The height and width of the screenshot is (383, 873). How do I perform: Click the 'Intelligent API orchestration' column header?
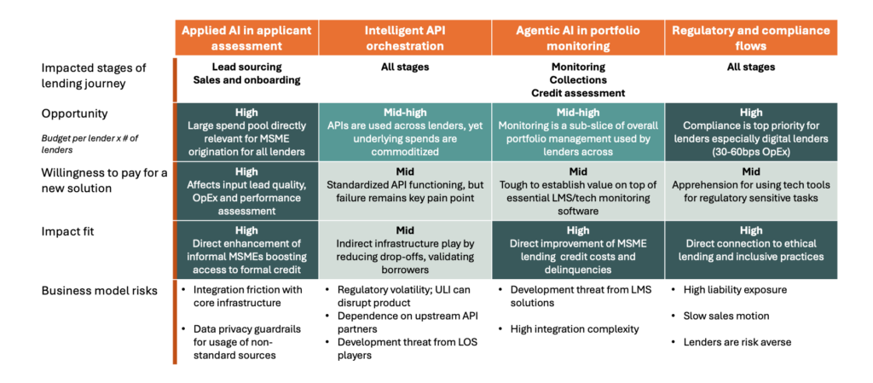click(405, 38)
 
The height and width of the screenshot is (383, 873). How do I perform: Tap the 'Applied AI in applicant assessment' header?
click(246, 38)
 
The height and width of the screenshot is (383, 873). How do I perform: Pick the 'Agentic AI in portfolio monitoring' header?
click(578, 38)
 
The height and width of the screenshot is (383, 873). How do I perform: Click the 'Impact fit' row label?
click(66, 230)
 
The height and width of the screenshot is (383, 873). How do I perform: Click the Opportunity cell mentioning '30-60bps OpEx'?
click(750, 131)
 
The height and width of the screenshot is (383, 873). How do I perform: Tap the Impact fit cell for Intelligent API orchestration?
click(405, 249)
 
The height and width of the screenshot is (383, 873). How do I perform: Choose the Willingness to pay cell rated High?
click(246, 190)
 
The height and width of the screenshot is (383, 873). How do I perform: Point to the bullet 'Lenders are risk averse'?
click(731, 342)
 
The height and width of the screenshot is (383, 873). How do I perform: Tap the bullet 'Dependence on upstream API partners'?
click(405, 322)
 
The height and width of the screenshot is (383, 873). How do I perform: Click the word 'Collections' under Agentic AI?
click(577, 79)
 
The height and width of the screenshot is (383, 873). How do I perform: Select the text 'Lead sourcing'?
click(246, 67)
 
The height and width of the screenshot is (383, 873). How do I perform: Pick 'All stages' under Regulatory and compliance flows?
click(750, 67)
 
